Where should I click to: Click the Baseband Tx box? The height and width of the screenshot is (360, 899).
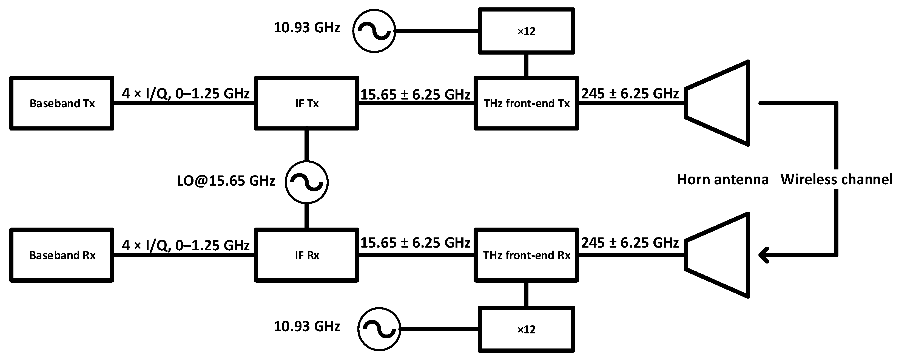coord(62,103)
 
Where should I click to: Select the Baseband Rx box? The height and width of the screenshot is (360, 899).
coord(62,255)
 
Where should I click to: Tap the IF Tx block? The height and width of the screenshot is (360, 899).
coord(306,103)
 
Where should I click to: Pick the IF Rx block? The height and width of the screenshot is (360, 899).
coord(306,255)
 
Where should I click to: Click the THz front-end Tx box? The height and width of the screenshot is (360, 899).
coord(526,103)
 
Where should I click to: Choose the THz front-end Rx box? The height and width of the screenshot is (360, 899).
coord(526,255)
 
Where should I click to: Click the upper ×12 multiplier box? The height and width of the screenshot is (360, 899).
coord(526,31)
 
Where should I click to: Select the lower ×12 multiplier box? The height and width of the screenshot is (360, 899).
coord(526,329)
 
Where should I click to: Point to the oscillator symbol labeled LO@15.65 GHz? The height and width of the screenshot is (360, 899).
coord(306,182)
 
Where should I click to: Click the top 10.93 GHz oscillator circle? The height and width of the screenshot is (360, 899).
coord(374,31)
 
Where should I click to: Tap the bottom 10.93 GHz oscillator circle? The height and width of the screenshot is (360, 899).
coord(379,329)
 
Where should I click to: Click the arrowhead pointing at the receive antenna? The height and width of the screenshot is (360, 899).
coord(764,255)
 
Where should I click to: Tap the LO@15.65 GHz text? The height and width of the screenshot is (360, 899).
coord(226,181)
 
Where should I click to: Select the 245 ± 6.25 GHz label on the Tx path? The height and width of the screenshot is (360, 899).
coord(630,93)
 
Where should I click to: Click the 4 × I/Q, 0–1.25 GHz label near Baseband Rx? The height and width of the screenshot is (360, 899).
coord(186,245)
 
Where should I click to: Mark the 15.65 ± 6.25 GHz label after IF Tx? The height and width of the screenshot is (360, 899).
coord(415,94)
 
